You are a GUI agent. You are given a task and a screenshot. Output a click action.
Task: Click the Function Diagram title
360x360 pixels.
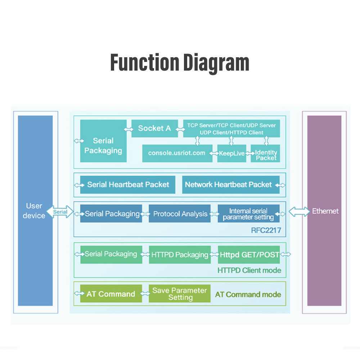180,62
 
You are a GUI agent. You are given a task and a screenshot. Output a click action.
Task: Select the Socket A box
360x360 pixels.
154,128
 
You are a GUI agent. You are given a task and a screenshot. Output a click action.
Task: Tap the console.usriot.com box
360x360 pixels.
177,153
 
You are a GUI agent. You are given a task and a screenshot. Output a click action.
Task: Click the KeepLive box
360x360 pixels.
231,153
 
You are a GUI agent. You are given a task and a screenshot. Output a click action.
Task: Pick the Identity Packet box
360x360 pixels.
266,155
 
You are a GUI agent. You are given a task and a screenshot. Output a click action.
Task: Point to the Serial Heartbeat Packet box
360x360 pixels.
128,185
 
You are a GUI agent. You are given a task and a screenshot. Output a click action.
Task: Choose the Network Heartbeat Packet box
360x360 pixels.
228,185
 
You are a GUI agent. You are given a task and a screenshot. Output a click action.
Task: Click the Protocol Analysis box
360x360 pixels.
180,214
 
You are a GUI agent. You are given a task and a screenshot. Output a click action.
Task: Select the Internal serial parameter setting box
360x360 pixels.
248,214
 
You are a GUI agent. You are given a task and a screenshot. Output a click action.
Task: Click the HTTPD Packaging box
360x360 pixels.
180,255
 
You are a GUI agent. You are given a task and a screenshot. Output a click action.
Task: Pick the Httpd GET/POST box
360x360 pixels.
249,255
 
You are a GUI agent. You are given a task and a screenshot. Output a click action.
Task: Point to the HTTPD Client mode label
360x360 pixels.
249,270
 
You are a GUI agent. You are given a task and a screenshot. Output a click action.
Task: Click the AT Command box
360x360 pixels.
111,294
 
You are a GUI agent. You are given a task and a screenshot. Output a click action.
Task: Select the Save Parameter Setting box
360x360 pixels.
180,294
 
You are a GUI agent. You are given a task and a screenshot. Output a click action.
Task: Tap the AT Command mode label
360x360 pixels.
248,294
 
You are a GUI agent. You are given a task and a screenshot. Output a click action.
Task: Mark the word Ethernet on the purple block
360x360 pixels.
325,211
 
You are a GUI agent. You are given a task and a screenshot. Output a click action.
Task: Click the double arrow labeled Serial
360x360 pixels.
60,212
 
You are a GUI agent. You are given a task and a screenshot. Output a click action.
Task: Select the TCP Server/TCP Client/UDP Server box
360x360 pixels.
231,129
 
